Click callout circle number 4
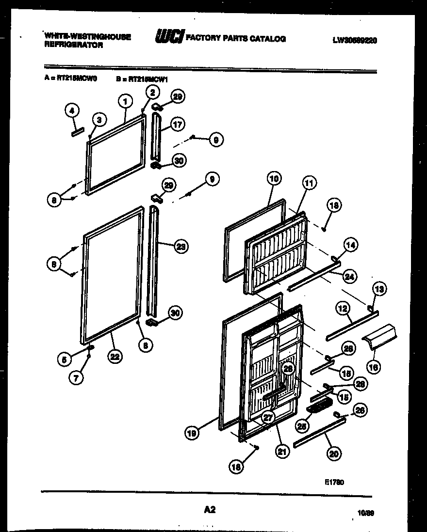72,111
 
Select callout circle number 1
125,101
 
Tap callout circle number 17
177,125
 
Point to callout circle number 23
180,246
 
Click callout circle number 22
115,357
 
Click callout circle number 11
309,183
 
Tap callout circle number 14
351,245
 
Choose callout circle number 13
379,289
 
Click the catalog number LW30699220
355,41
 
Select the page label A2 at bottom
210,509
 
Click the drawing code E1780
334,482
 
